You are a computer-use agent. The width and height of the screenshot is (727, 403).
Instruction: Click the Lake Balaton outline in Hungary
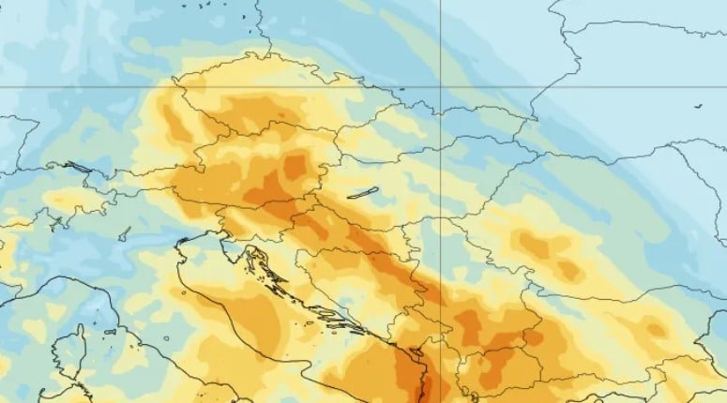[x=362, y=193]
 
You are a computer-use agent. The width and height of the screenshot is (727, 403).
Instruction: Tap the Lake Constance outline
[x=79, y=168]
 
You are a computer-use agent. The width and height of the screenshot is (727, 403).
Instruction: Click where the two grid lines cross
[x=441, y=86]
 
